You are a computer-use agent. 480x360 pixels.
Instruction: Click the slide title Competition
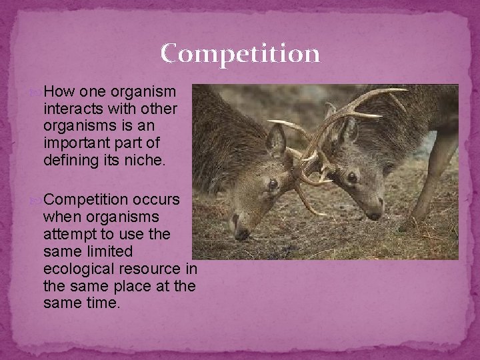click(x=240, y=53)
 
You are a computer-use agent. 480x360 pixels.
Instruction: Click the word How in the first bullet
click(x=57, y=91)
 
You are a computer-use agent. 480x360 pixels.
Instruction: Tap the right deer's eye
click(x=352, y=177)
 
